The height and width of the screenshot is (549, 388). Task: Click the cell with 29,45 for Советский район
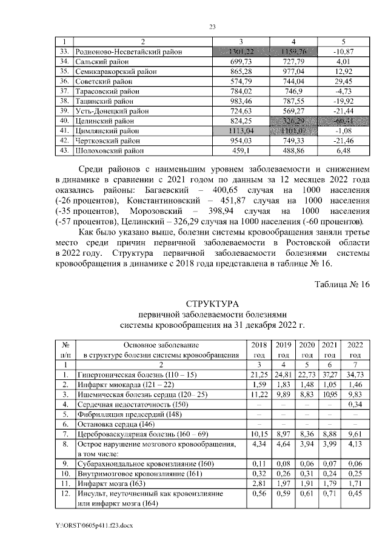[x=343, y=81]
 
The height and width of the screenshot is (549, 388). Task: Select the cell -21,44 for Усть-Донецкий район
[x=343, y=111]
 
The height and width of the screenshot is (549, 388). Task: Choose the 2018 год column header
[x=259, y=349]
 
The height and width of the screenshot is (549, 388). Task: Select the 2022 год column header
[x=356, y=349]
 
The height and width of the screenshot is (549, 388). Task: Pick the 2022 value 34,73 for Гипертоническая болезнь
[x=356, y=376]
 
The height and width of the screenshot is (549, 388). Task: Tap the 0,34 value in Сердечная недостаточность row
[x=356, y=404]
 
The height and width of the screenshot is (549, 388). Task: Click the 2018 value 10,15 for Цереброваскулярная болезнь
[x=259, y=434]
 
